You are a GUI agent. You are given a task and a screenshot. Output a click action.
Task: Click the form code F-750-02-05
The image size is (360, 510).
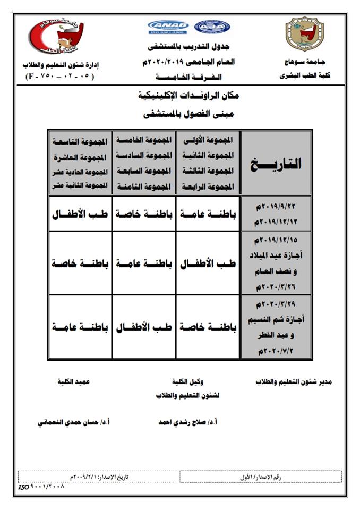click(x=59, y=76)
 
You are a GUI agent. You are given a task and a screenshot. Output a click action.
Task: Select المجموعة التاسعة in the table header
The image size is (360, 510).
click(x=80, y=141)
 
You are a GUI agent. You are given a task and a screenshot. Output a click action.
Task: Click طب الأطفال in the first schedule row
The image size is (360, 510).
click(x=80, y=214)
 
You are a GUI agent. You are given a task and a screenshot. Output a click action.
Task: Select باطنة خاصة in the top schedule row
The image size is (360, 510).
click(x=144, y=214)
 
